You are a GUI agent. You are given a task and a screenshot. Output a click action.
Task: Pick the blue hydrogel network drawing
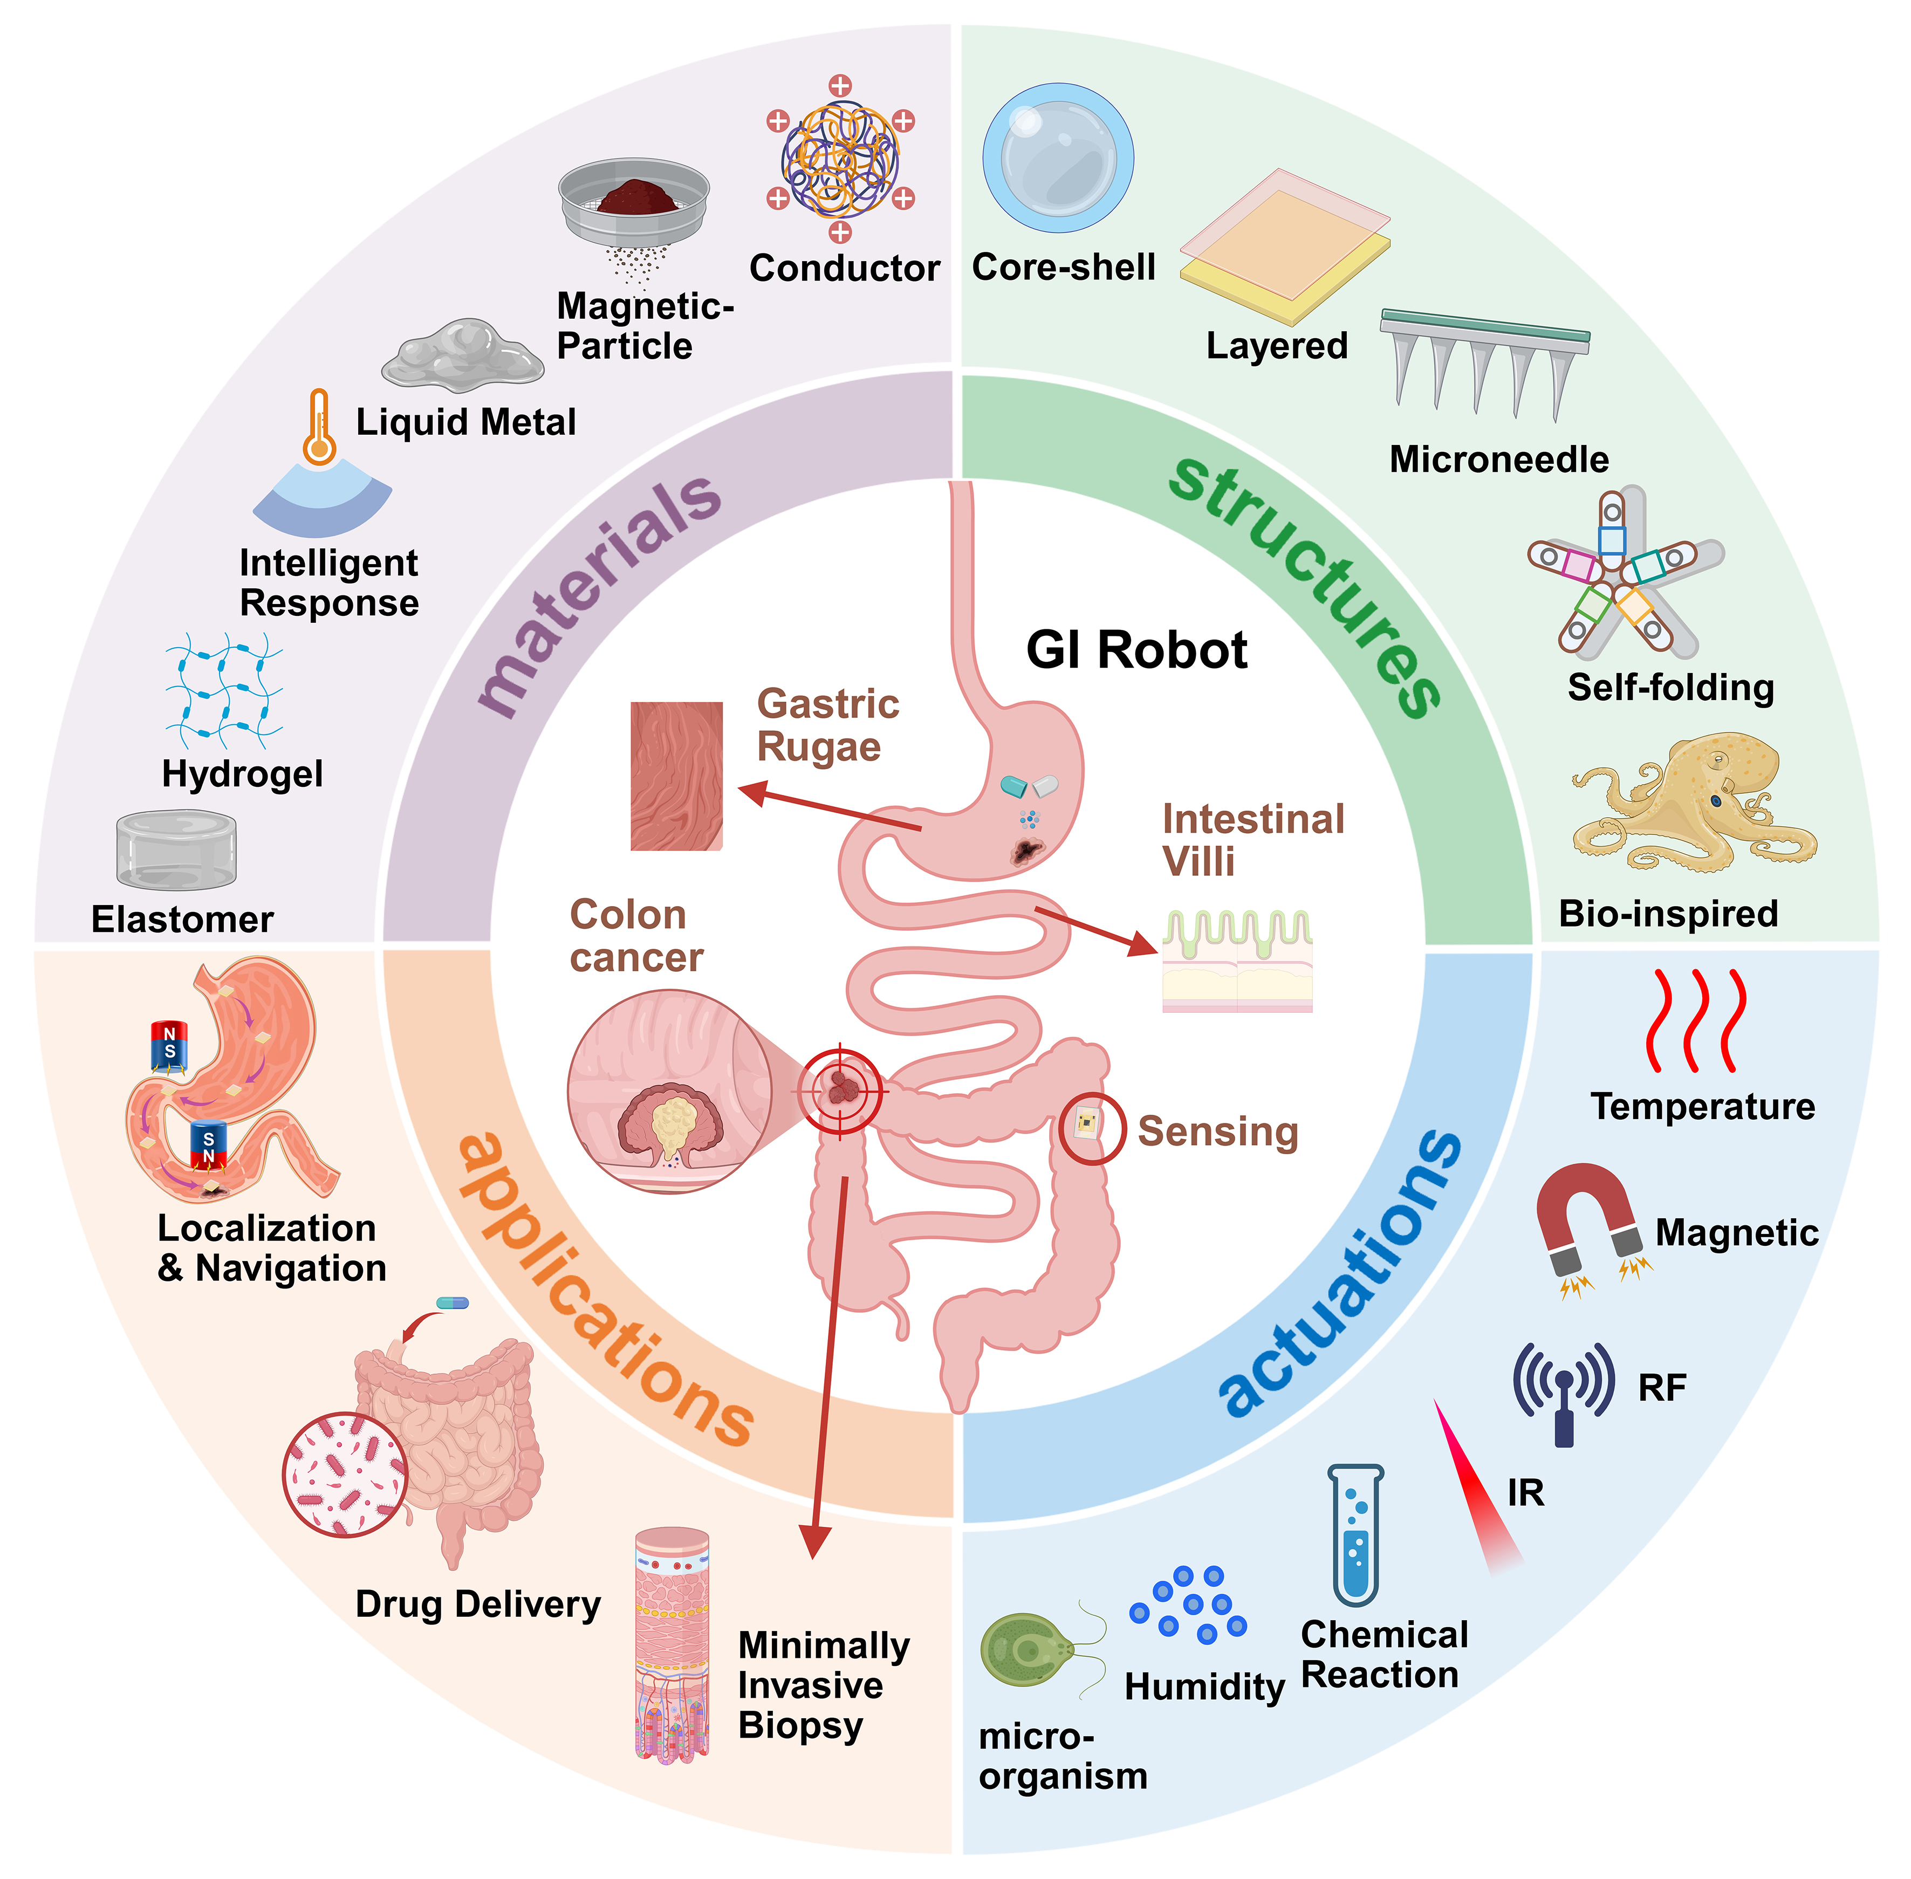pos(225,691)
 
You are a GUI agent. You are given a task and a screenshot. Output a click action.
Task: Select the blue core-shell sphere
pos(1057,158)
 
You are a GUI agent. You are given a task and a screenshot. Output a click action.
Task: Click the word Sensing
pos(1217,1132)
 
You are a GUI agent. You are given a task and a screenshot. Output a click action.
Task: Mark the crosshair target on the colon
pos(840,1091)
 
